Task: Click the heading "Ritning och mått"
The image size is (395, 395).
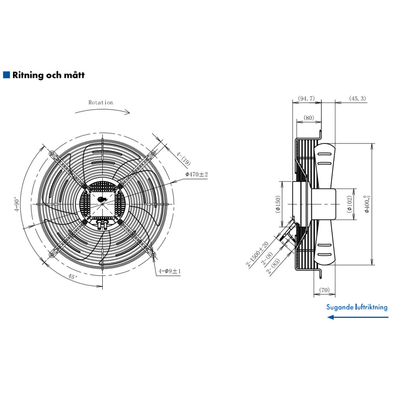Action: tap(48, 75)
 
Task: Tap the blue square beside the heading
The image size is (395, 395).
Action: tap(6, 75)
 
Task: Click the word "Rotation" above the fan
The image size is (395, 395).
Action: tap(101, 102)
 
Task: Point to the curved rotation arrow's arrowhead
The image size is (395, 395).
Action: tap(128, 112)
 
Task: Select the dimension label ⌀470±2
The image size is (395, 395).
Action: tap(196, 174)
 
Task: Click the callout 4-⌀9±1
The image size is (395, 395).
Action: tap(169, 271)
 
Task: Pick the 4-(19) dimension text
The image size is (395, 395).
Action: tap(183, 158)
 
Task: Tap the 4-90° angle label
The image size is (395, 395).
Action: tap(17, 204)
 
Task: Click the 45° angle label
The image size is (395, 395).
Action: tap(73, 276)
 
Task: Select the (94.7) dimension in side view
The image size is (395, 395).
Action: tap(307, 98)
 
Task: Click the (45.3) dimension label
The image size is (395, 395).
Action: tap(357, 98)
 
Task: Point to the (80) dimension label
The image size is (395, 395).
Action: tap(309, 118)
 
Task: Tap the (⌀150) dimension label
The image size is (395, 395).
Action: tap(278, 204)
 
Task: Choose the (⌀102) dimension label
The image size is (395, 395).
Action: tap(350, 204)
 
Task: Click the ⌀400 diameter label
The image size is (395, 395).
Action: tap(367, 204)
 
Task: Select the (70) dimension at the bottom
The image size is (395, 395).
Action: tap(324, 290)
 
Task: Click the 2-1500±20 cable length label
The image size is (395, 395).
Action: tap(257, 254)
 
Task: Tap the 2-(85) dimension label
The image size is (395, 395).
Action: tap(273, 266)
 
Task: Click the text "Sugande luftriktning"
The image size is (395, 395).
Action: tap(357, 307)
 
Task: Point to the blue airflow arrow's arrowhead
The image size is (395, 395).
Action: tap(330, 317)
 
